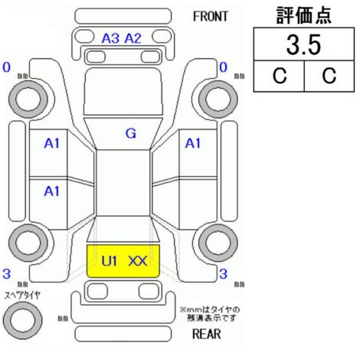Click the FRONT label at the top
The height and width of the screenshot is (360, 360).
click(211, 17)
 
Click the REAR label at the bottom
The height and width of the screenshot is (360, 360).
click(206, 334)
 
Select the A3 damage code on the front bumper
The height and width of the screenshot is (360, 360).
click(110, 38)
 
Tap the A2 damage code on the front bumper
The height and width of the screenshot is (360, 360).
click(133, 38)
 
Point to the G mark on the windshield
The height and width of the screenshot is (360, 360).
click(131, 133)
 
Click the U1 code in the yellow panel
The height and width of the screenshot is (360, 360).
click(109, 261)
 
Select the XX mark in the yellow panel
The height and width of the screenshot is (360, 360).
click(138, 261)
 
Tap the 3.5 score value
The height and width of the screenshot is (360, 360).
click(303, 45)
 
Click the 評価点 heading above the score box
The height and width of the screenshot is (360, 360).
click(304, 15)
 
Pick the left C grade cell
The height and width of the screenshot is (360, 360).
click(280, 76)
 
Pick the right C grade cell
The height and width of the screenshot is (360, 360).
click(329, 76)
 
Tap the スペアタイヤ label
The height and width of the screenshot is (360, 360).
click(22, 296)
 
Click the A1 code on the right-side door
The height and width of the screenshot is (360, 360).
click(193, 143)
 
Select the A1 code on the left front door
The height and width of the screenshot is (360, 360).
click(51, 143)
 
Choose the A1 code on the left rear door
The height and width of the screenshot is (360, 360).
click(51, 191)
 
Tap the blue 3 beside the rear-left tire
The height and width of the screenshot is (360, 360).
click(7, 273)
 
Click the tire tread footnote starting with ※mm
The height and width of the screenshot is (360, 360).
click(210, 314)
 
